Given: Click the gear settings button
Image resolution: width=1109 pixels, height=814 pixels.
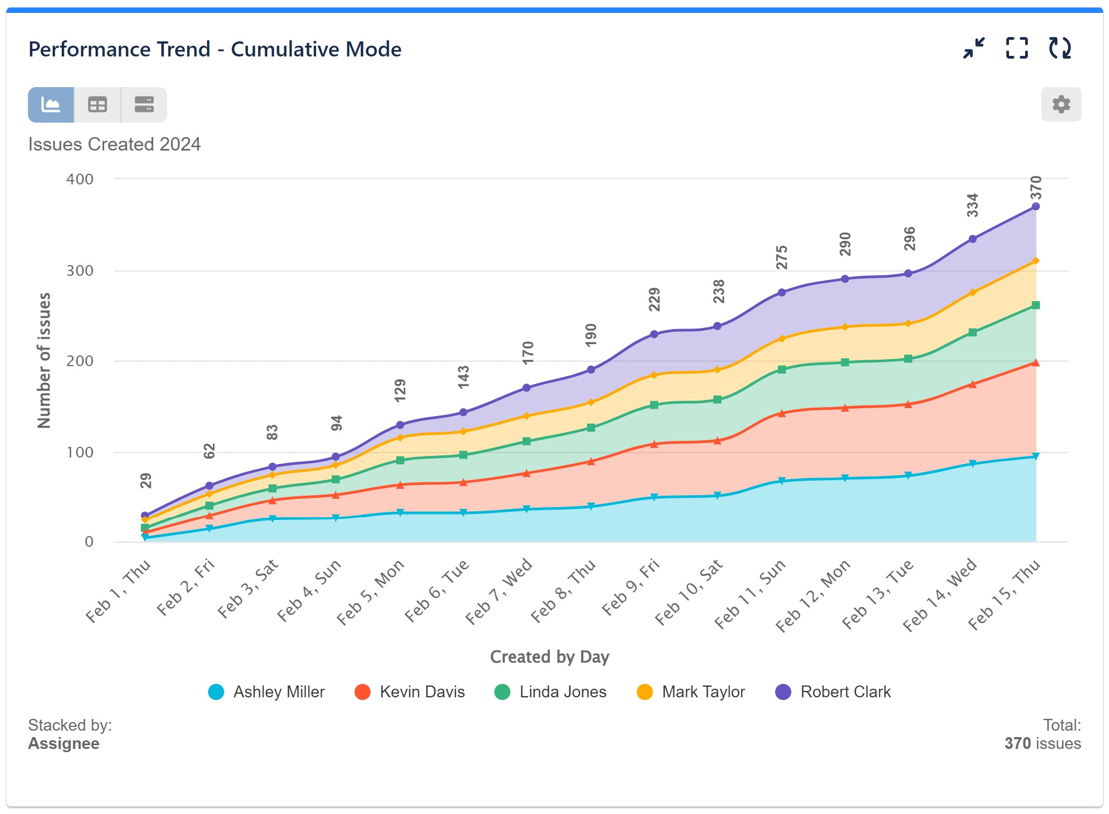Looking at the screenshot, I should tap(1061, 104).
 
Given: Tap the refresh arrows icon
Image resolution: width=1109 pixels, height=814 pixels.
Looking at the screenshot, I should tap(1060, 48).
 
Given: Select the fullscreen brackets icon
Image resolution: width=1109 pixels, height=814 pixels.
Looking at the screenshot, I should tap(1017, 48).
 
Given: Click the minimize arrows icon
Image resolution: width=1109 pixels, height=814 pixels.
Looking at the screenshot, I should tap(974, 48).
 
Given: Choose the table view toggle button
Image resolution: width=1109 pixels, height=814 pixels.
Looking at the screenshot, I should tap(97, 105).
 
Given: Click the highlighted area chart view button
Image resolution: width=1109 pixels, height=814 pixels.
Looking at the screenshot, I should tap(51, 105).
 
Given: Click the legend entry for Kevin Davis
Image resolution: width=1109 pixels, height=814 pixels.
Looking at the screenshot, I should tap(410, 692).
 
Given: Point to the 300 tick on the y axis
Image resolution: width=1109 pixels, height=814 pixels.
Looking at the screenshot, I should tap(80, 270).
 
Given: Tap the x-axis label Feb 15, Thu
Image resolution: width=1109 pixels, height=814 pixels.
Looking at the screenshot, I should tap(1004, 594).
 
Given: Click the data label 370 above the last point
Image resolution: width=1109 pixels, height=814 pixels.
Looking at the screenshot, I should tap(1036, 188).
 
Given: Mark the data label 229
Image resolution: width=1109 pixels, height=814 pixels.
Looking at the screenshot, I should tap(654, 299).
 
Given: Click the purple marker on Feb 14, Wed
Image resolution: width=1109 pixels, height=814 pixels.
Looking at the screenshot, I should tap(972, 239).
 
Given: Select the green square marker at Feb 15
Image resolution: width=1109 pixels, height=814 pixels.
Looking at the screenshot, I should tap(1036, 305).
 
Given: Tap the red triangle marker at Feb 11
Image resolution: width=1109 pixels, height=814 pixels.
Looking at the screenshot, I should tap(782, 413).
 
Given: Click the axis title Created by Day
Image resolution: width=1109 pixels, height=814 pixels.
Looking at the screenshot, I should tap(549, 657).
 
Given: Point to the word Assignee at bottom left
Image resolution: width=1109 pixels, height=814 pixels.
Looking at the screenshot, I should tap(63, 744).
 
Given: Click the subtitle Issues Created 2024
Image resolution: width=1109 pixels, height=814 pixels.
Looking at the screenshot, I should tap(114, 145).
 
